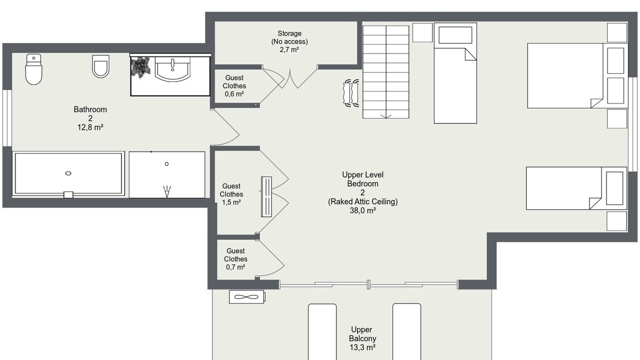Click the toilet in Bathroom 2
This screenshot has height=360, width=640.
point(33,69)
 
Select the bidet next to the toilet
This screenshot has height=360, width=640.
point(100,66)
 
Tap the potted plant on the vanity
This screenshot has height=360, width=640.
point(140,67)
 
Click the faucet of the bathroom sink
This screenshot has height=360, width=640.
point(172,65)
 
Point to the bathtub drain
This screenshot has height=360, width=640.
point(68,173)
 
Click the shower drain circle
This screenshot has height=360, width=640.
point(166,163)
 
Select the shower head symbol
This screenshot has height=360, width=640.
point(167,191)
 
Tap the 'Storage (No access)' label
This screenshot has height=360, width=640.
point(289,37)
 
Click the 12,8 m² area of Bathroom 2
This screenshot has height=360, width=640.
point(90,127)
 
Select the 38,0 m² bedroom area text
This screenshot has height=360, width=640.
point(362,210)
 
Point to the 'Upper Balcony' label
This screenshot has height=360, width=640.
point(362,334)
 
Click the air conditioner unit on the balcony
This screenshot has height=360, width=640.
point(247,297)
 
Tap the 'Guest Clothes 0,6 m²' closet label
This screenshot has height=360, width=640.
point(234,85)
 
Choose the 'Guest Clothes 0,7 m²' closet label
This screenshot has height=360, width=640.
point(235,259)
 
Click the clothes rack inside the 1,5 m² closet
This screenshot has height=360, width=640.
point(266,196)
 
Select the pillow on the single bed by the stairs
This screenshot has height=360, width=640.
point(455,35)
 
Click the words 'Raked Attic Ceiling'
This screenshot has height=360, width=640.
point(362,201)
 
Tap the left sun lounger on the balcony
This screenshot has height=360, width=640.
point(322,331)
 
